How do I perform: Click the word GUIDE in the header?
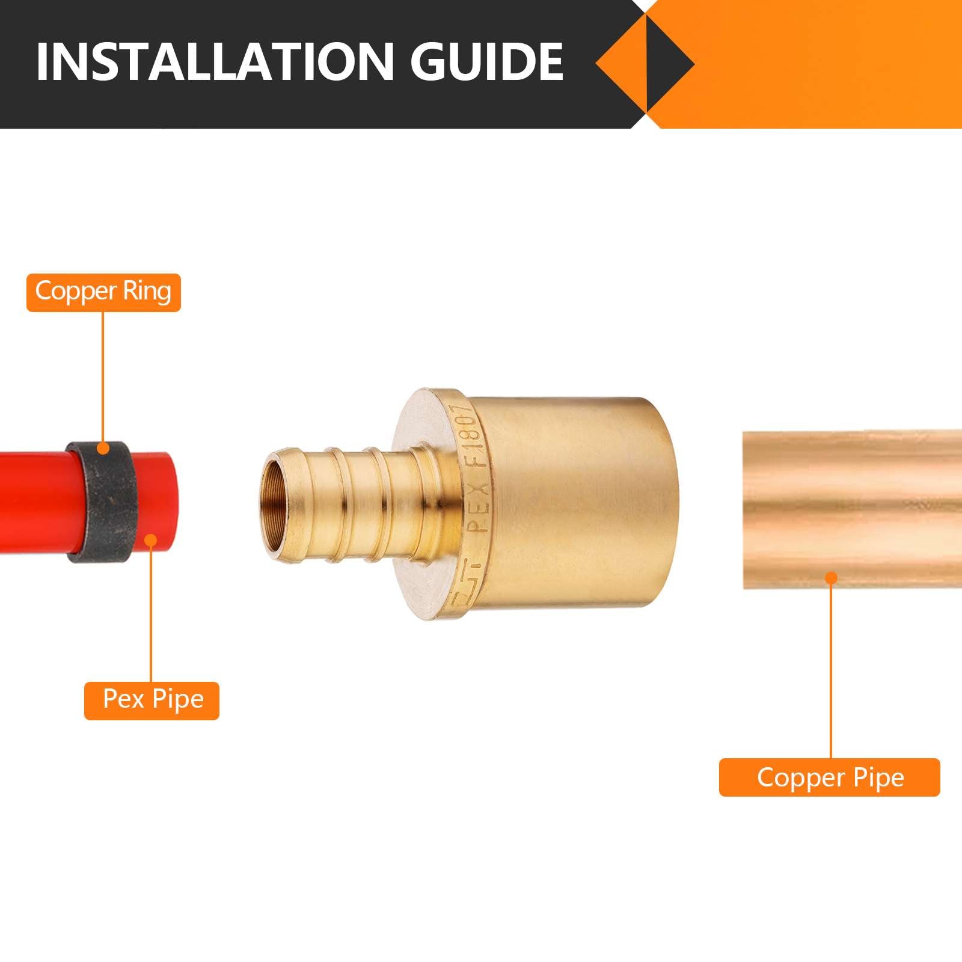[x=486, y=61]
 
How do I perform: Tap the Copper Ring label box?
[x=103, y=292]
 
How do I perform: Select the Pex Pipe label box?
[x=152, y=700]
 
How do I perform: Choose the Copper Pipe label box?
[x=829, y=777]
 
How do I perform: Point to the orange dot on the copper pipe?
[x=831, y=578]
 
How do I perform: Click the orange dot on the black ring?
[x=103, y=448]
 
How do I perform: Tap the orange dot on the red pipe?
[x=152, y=540]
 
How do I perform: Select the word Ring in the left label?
[x=147, y=292]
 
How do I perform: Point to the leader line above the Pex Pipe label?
[x=152, y=613]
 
